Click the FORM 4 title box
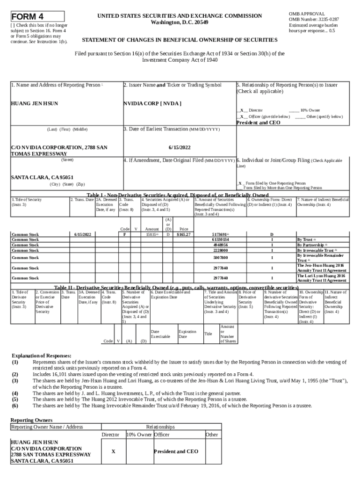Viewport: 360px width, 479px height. pyautogui.click(x=37, y=17)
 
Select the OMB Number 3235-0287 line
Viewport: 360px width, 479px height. pyautogui.click(x=314, y=19)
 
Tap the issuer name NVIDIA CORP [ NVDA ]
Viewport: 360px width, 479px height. pyautogui.click(x=152, y=103)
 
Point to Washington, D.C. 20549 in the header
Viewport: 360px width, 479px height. pyautogui.click(x=180, y=22)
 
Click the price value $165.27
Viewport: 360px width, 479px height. pyautogui.click(x=183, y=234)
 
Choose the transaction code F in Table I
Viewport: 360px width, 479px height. pyautogui.click(x=124, y=234)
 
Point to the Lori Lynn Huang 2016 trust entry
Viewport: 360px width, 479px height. pyautogui.click(x=321, y=278)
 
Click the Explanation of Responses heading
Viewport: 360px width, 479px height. pyautogui.click(x=41, y=356)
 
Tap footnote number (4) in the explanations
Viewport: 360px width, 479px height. pyautogui.click(x=15, y=393)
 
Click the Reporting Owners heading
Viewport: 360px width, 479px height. pyautogui.click(x=31, y=420)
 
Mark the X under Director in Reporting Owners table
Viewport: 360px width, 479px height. pyautogui.click(x=113, y=451)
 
